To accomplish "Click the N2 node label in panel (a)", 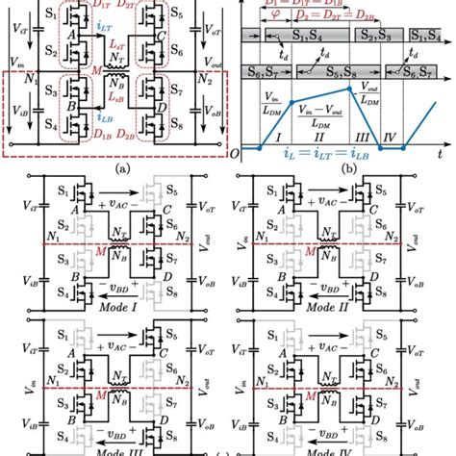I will point(205,81).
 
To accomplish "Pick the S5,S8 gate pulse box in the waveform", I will point(343,69).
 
